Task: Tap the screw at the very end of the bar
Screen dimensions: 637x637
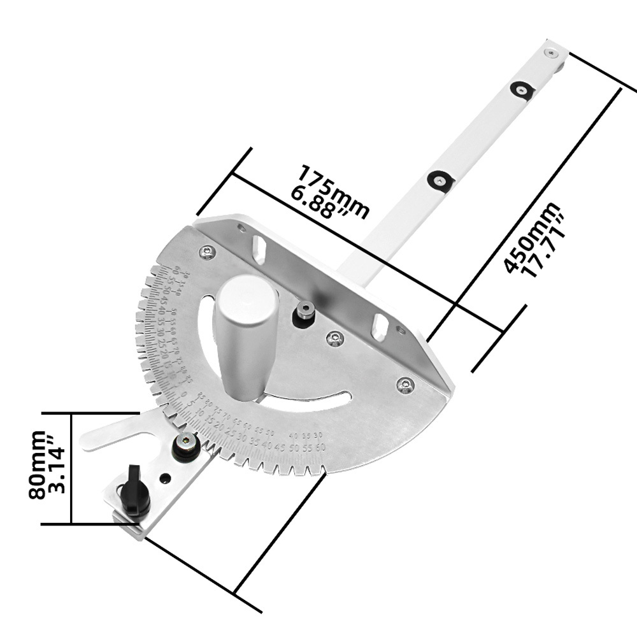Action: pos(552,53)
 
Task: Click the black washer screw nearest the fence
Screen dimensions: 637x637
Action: pos(440,180)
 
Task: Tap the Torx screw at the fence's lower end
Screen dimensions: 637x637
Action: pos(403,384)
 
